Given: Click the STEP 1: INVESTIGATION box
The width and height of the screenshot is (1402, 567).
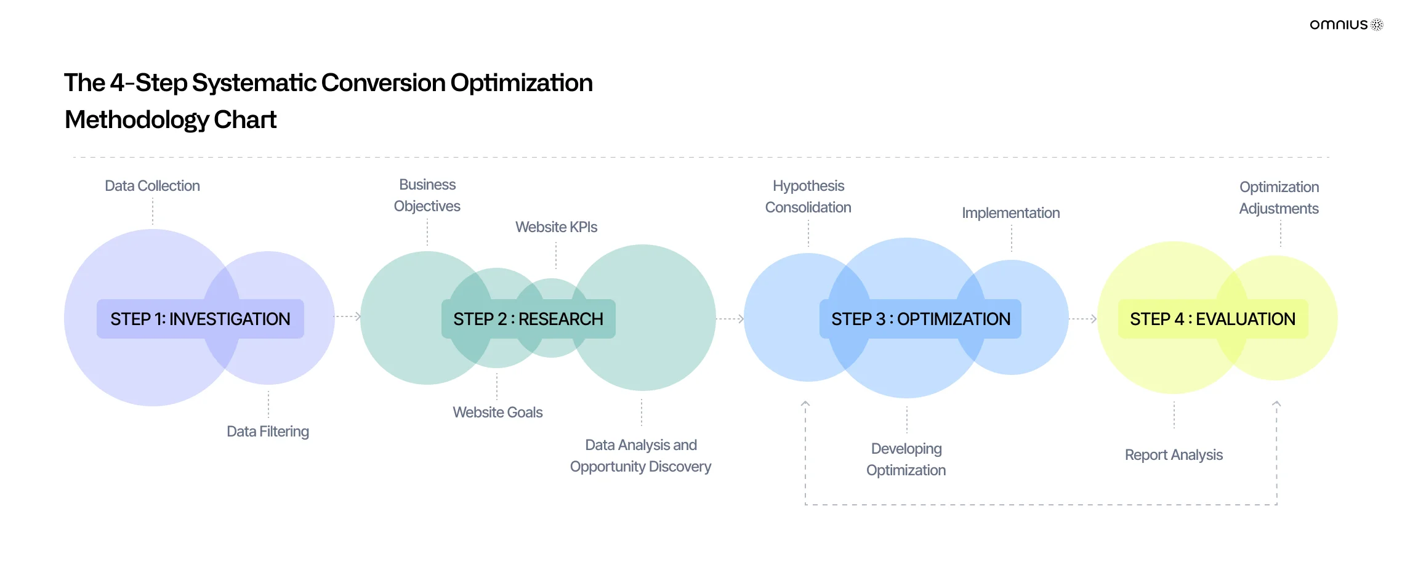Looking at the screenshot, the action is pos(200,319).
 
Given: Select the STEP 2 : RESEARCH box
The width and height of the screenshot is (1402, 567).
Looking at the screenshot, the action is pos(528,319).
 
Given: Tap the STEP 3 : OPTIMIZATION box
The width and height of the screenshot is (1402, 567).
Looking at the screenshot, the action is pos(921,319).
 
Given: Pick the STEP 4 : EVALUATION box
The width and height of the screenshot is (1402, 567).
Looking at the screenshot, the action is pos(1213,319).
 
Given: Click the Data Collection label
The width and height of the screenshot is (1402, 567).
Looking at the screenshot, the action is pos(152,186).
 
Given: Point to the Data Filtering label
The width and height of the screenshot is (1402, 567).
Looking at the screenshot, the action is pos(268,432).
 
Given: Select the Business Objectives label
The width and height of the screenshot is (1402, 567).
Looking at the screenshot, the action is pos(427,195).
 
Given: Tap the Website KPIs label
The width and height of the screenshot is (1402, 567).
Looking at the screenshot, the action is pos(556,227).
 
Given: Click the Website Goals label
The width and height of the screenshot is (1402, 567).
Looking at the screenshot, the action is pos(498,412).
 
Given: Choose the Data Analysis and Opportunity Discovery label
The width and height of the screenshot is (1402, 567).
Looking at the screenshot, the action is pos(640,456).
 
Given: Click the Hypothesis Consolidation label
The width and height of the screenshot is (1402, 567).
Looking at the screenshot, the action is pos(808,196).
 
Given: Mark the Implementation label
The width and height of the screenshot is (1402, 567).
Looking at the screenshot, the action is pos(1011,213).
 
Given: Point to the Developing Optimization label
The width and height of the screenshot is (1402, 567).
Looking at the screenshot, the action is pos(906,459).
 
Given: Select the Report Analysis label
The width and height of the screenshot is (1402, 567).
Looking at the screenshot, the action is pos(1174,455).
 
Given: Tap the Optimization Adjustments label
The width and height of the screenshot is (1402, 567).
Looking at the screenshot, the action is pos(1279,198).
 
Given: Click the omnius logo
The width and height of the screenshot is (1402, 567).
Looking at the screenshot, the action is pos(1347,25).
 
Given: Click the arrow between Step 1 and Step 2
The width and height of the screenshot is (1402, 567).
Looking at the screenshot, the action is pos(348,316).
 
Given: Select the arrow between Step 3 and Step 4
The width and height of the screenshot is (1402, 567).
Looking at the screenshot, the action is pos(1083,319).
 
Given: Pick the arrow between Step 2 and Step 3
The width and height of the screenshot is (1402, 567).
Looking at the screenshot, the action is pos(730,319).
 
